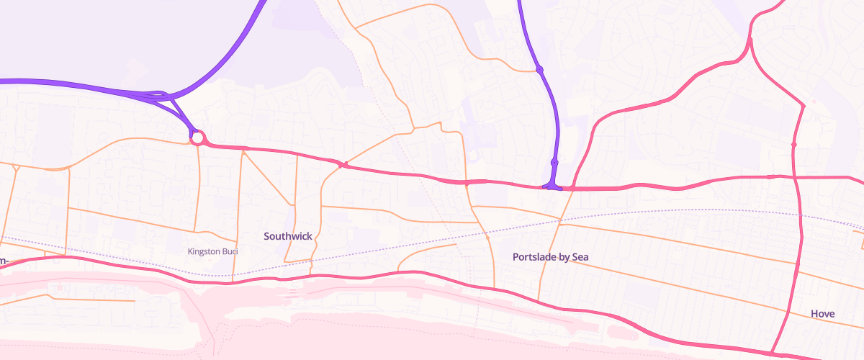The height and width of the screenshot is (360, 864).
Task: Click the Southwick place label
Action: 287,236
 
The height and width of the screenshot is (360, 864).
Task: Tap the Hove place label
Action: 822,314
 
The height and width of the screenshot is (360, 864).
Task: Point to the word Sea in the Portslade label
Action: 580,257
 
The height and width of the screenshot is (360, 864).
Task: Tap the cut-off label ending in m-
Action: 4,260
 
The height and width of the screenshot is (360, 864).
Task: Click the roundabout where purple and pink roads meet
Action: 197,137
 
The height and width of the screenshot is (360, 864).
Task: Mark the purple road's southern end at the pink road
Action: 552,186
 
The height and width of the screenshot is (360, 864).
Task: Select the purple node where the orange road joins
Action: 539,70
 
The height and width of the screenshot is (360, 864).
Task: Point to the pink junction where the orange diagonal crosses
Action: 343,166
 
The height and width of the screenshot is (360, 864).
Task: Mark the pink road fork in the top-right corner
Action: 750,40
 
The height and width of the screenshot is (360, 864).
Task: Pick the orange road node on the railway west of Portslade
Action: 487,236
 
